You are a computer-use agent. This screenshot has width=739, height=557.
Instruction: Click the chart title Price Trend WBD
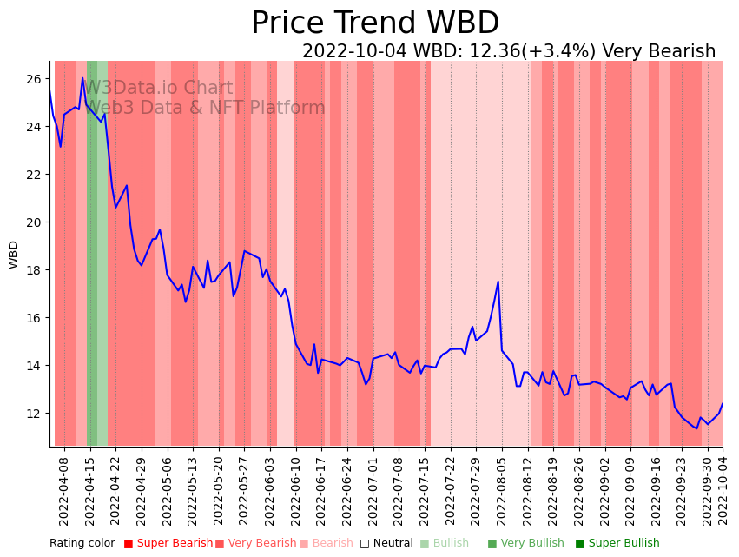[375, 23]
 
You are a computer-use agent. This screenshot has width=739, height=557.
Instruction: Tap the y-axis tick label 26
[34, 79]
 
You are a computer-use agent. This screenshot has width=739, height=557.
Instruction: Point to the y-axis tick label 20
[34, 222]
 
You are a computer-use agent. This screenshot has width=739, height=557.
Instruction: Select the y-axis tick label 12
[34, 414]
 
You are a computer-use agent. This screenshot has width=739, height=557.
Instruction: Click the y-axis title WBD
[14, 255]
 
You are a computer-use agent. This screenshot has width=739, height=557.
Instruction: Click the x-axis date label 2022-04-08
[64, 492]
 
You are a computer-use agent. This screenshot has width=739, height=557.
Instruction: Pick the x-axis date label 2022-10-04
[723, 492]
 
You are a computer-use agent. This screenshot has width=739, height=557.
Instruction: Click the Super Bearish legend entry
[168, 543]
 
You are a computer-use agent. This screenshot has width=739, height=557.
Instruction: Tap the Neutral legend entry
[386, 543]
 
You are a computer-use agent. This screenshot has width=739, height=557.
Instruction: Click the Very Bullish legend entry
[525, 543]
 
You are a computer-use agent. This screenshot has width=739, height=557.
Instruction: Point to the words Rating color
[82, 543]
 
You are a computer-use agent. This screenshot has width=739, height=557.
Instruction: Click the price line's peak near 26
[83, 78]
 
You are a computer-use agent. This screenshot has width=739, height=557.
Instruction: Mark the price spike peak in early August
[498, 282]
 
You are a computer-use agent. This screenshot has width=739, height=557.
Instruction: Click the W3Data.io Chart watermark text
[158, 88]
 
